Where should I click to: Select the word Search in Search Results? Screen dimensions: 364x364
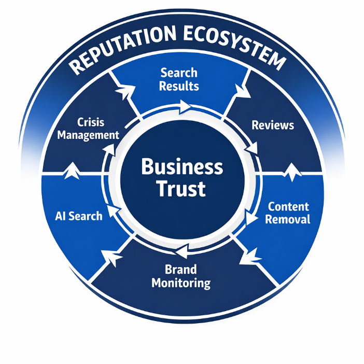click(x=179, y=73)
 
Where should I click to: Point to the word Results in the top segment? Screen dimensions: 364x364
click(x=179, y=86)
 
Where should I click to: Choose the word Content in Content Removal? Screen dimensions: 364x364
click(x=288, y=206)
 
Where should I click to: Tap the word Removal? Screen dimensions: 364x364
click(x=288, y=219)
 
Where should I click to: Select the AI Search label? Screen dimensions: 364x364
click(x=78, y=215)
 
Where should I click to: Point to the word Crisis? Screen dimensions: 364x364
click(x=91, y=122)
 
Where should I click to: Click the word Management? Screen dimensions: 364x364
click(x=88, y=135)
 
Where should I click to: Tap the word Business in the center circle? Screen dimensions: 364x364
click(x=182, y=167)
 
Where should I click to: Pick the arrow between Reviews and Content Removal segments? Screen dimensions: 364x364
click(x=293, y=170)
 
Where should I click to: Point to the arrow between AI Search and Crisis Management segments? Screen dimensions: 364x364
click(x=71, y=170)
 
